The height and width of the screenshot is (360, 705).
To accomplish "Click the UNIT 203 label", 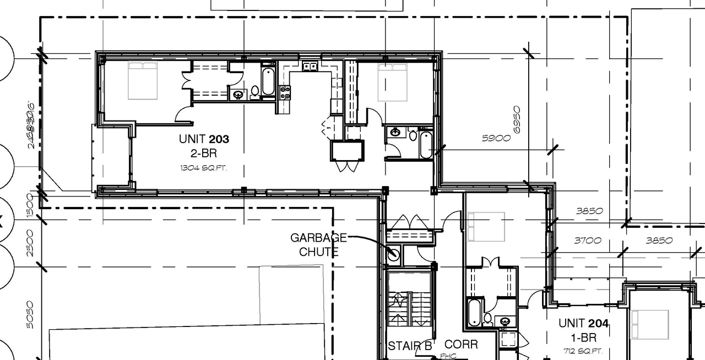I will click(204, 139).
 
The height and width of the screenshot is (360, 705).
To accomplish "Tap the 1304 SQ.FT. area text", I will click(204, 167).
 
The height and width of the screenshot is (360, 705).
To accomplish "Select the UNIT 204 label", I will click(583, 323).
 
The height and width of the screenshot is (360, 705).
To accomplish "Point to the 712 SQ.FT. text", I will click(583, 351).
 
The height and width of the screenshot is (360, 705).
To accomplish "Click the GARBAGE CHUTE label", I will click(318, 244).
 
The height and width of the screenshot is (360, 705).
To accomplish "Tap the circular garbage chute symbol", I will click(394, 255).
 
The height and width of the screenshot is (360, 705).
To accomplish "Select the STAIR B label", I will click(410, 346).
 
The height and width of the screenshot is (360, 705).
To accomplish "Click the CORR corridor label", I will click(461, 345).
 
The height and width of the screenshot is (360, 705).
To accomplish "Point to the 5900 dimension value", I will click(496, 138).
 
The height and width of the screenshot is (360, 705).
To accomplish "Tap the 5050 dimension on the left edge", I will click(30, 314).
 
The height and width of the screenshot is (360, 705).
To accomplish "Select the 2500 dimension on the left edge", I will click(30, 243).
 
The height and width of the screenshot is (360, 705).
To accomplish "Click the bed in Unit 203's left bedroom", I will click(143, 80).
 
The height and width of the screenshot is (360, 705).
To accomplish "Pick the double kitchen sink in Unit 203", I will click(310, 67).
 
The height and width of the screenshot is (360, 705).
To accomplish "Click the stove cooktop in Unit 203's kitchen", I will click(285, 92).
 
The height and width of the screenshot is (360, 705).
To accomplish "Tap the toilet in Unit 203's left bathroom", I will click(255, 91).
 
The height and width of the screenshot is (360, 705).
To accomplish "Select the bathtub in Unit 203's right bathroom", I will click(426, 144).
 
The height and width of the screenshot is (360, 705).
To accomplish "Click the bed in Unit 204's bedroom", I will click(486, 226).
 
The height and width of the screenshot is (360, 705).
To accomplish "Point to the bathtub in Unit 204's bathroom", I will click(473, 312).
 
